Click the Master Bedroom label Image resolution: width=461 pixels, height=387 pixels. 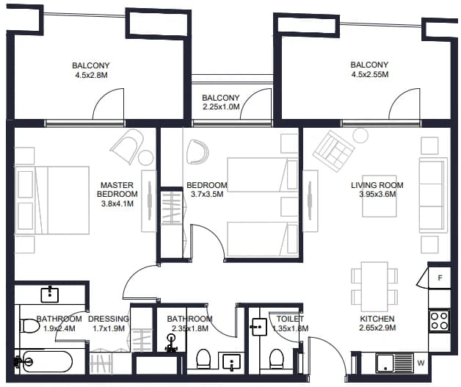coord(117,189)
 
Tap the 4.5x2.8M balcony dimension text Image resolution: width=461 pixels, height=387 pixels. coord(91,75)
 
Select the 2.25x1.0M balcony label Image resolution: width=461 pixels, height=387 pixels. coord(221,102)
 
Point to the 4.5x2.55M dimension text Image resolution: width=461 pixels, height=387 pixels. coord(370,74)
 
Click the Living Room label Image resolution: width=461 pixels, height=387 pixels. coord(377,185)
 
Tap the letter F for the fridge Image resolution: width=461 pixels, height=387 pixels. coord(440,278)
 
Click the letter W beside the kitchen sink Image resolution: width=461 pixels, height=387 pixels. coord(421,363)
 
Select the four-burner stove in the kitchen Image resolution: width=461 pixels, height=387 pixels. coord(439,320)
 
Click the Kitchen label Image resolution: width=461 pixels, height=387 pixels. coord(377,319)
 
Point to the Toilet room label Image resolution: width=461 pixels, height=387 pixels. coord(290,319)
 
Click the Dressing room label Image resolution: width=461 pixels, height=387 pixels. coord(109,319)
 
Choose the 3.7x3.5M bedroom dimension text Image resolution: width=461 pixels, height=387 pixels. coord(207,194)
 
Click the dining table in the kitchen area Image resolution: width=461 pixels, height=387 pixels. coord(374,286)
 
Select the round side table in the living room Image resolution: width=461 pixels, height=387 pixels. coord(360,136)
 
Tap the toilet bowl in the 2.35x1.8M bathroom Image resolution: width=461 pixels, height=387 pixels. coord(203,358)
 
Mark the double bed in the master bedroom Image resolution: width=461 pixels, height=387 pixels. coord(52,200)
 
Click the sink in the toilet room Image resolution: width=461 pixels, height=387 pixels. coord(258,327)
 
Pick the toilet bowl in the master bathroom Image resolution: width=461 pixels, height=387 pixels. coord(29,326)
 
